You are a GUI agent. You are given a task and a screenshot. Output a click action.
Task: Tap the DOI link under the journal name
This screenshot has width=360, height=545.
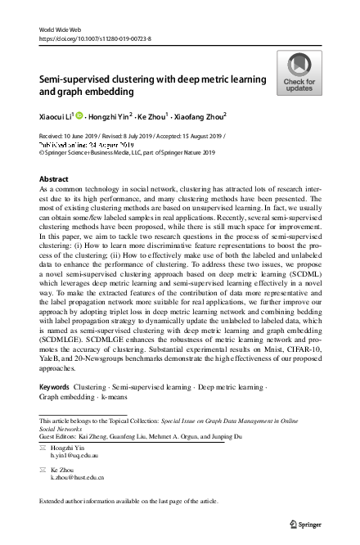pyautogui.click(x=94, y=38)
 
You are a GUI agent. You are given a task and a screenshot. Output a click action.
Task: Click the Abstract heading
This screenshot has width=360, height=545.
pyautogui.click(x=55, y=178)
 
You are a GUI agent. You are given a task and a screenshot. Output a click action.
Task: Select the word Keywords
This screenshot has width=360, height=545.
pyautogui.click(x=54, y=385)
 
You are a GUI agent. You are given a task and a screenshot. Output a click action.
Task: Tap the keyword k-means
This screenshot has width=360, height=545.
pyautogui.click(x=115, y=395)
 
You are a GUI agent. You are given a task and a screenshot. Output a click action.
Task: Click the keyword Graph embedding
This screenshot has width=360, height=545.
pyautogui.click(x=68, y=395)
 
